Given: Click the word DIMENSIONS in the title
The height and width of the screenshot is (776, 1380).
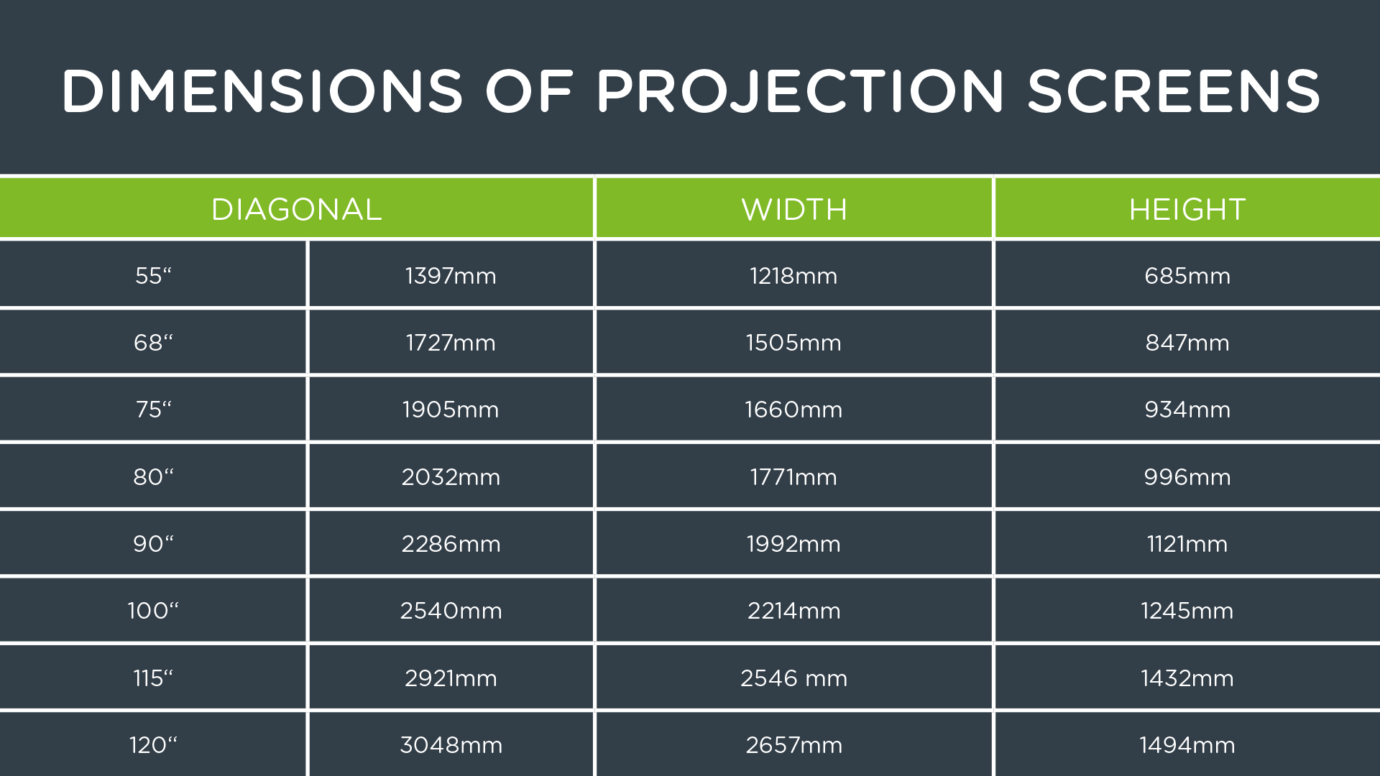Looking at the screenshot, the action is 262,91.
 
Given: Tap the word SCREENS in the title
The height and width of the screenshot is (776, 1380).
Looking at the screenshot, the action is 1174,91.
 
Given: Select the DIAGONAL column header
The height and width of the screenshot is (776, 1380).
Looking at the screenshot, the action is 296,209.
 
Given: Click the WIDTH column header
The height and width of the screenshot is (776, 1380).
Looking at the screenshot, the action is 794,209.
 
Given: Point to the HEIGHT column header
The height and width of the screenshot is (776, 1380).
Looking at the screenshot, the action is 1187,209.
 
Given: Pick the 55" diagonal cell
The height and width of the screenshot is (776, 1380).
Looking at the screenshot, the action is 153,275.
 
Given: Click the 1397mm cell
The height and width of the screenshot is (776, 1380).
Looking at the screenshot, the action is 451,275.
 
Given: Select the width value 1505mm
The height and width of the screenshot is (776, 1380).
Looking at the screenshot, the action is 793,342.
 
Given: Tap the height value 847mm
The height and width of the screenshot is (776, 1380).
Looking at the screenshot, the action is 1187,342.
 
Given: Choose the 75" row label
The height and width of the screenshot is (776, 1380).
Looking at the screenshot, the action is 153,409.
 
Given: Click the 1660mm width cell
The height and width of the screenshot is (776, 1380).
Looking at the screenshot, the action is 793,409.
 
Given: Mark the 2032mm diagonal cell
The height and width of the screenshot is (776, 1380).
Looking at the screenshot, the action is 451,476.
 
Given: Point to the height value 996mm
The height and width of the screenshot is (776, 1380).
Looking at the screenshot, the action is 1187,476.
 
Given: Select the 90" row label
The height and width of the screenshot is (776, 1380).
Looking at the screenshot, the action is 153,543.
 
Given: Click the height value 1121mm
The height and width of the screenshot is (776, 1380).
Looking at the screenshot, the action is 1187,543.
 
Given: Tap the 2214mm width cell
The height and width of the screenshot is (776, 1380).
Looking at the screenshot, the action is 793,610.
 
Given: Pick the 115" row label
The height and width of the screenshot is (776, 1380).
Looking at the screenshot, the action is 153,678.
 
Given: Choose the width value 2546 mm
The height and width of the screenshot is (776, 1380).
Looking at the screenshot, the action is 793,678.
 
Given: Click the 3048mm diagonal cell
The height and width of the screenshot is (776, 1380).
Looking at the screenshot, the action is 451,744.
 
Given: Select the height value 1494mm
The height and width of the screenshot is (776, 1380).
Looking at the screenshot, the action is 1187,744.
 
